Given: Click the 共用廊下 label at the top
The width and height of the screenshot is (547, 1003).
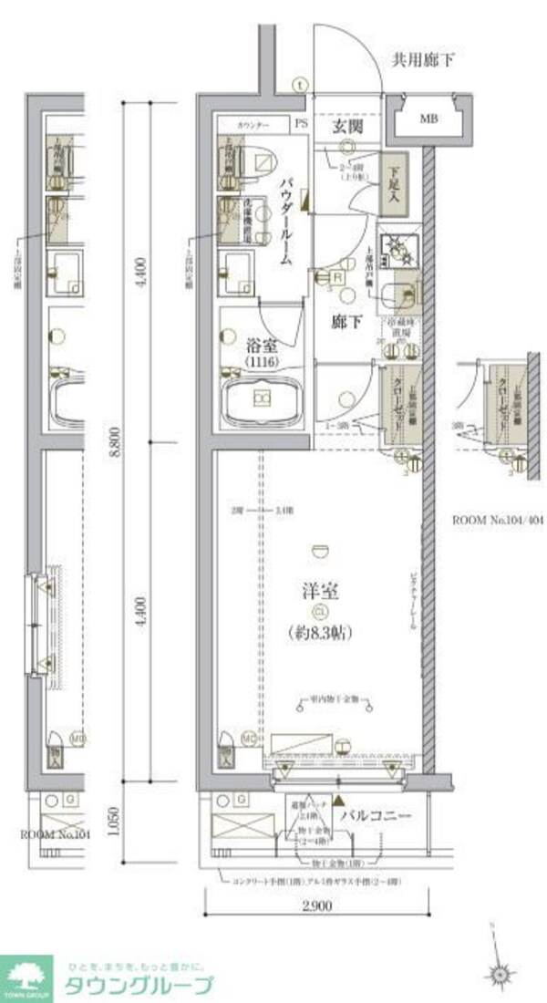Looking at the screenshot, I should pyautogui.click(x=422, y=62).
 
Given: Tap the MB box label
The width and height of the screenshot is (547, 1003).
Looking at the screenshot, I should pyautogui.click(x=428, y=119).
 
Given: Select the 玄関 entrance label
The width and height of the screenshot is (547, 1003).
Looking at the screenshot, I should pyautogui.click(x=347, y=128).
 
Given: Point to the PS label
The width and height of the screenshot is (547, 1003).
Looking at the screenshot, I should pyautogui.click(x=301, y=122).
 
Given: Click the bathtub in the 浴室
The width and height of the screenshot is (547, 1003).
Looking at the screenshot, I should pyautogui.click(x=262, y=398).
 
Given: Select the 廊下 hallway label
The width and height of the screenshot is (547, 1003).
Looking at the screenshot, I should pyautogui.click(x=341, y=321).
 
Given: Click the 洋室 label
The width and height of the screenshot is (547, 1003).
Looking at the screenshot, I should pyautogui.click(x=320, y=591).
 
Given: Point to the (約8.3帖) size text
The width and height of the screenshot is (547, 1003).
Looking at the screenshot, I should pyautogui.click(x=320, y=631).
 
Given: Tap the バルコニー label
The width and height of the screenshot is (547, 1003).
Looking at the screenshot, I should pyautogui.click(x=376, y=816).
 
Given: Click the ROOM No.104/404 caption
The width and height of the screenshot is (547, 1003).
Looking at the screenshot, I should pyautogui.click(x=498, y=521).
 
